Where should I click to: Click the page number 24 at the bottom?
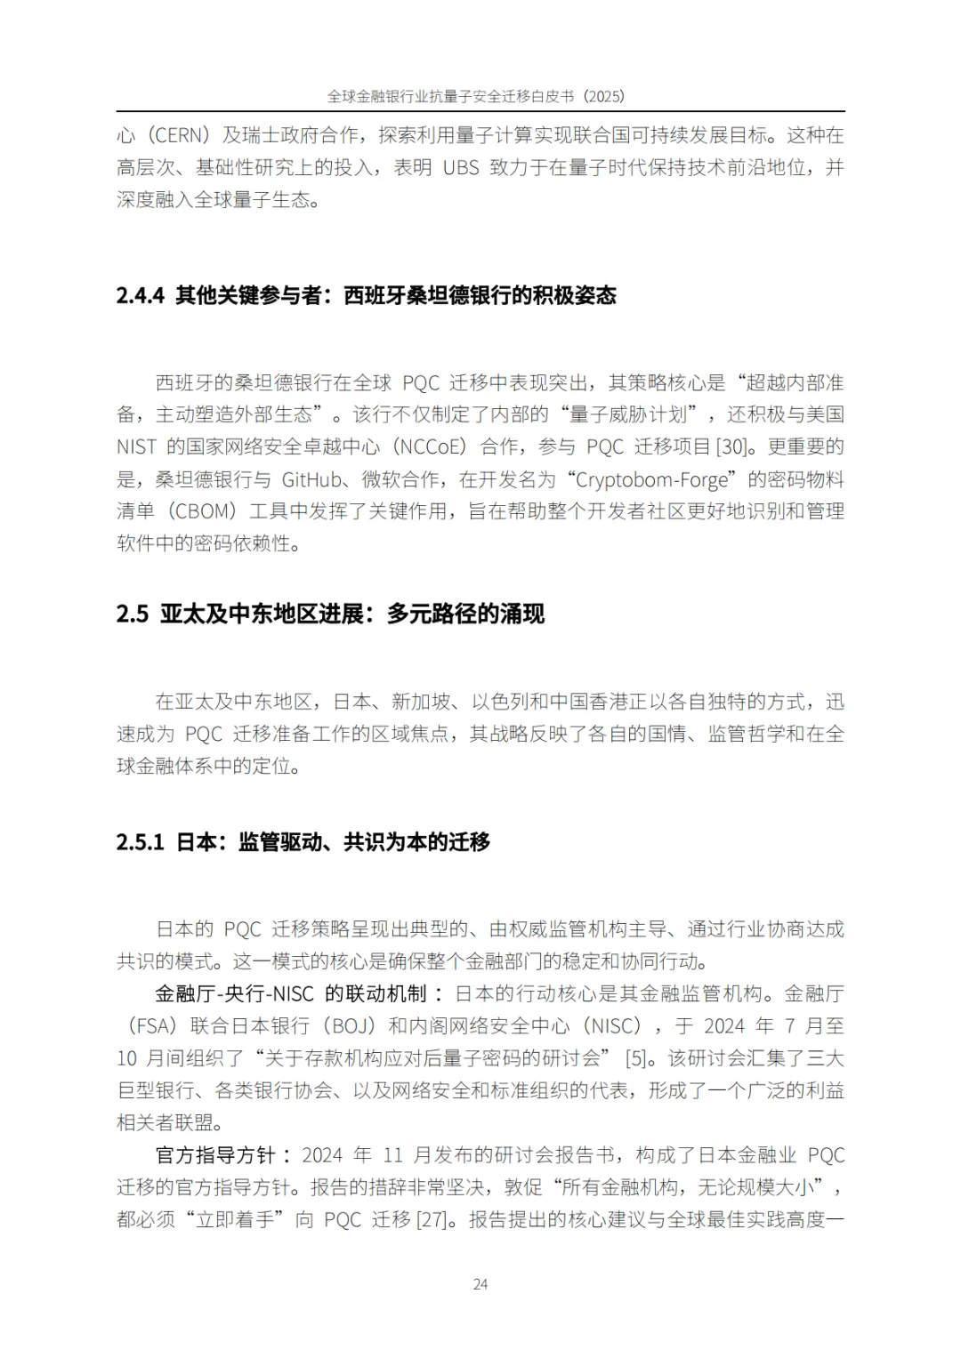coord(480,1283)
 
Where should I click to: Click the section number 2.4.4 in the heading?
coord(141,295)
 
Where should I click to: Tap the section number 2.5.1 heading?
coord(141,841)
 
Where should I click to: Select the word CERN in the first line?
coord(179,136)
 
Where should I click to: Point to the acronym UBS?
coord(461,168)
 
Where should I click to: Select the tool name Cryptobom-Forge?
coord(652,479)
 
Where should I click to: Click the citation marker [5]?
coord(635,1058)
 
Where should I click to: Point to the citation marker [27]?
coord(432,1219)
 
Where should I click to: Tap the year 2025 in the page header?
coord(603,96)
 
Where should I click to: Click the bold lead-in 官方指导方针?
coord(214,1155)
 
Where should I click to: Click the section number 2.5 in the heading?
coord(132,614)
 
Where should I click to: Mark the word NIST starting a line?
coord(136,446)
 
